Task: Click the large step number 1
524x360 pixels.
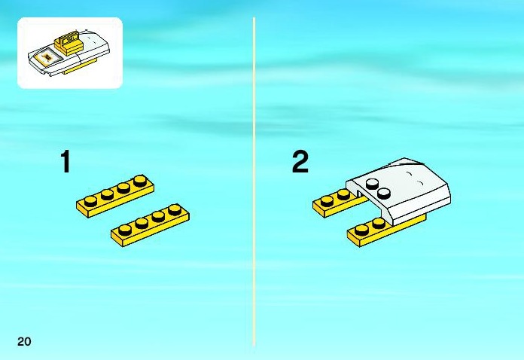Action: coord(65,161)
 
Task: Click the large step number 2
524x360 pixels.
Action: coord(300,162)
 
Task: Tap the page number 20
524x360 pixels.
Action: coord(24,341)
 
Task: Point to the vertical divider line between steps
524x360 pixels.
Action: coord(254,182)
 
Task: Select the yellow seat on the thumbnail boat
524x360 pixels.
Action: coord(69,41)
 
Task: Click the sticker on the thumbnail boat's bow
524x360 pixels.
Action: coord(47,58)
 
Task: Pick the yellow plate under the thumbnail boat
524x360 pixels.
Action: coord(81,67)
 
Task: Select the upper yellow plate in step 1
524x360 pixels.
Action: coord(115,197)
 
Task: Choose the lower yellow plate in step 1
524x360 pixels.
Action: coord(150,225)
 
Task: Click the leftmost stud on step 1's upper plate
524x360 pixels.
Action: coord(90,200)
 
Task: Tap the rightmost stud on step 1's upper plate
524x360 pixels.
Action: coord(140,181)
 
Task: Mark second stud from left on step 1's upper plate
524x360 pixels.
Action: coord(107,194)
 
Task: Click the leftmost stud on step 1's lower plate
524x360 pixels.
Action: coord(125,230)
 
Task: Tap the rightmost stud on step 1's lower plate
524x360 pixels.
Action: coord(175,209)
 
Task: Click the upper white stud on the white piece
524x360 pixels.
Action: coord(372,183)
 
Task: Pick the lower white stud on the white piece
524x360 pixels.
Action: coord(384,193)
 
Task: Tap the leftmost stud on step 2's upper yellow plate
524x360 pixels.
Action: coord(327,200)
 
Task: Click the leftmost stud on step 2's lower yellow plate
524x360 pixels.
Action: coord(362,230)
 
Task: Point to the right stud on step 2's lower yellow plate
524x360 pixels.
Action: coord(379,223)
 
